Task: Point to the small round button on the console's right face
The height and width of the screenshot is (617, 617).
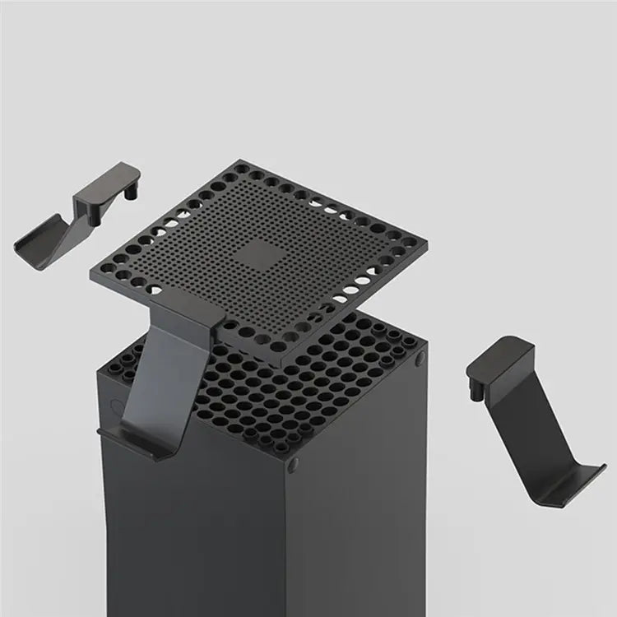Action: click(x=422, y=360)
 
